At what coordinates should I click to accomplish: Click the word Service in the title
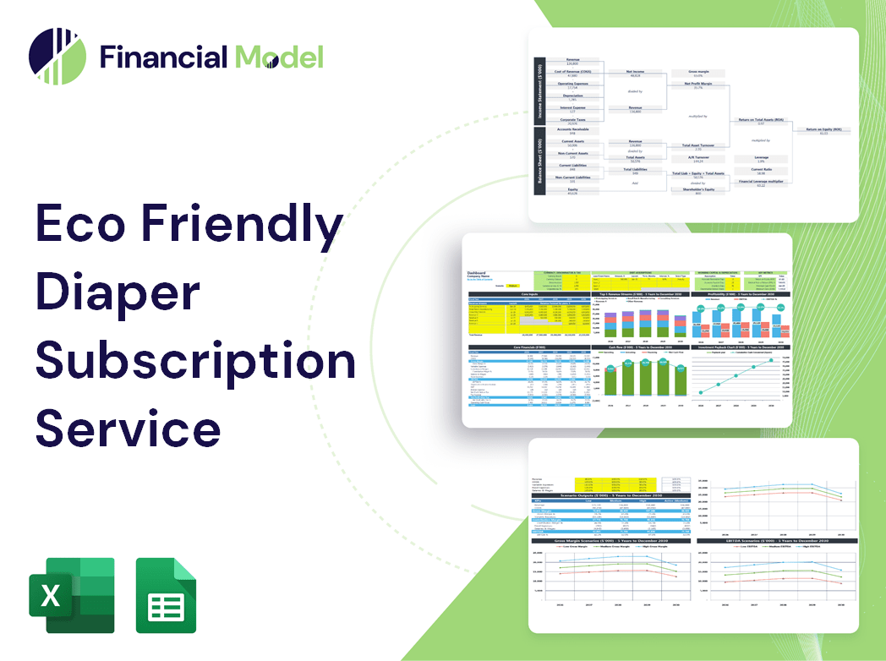tap(128, 428)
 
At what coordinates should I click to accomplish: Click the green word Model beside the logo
tap(279, 57)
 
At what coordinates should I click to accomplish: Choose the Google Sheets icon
tap(166, 595)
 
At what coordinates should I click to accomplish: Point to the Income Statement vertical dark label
tap(538, 91)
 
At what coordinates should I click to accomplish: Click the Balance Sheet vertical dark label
tap(538, 165)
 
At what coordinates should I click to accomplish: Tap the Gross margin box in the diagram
tap(697, 74)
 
